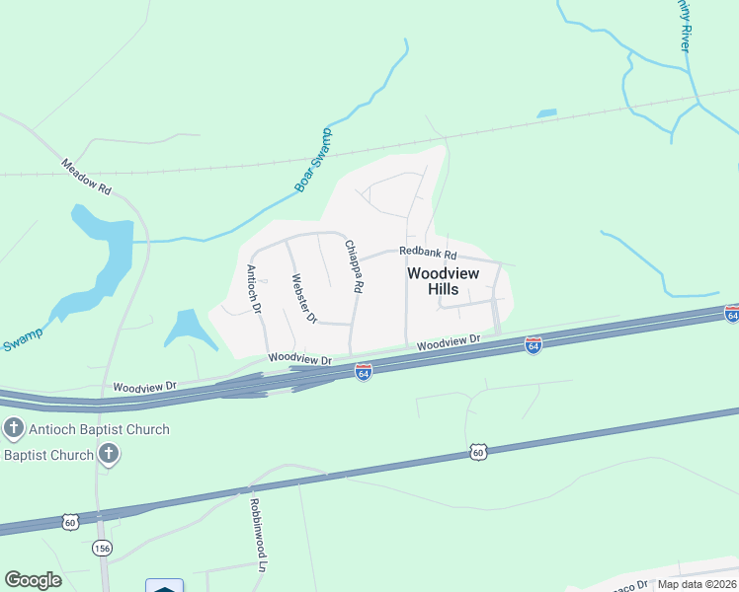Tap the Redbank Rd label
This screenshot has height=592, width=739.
point(425,253)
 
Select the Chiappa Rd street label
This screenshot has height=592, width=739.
point(353,265)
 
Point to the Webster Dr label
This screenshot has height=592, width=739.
point(302,299)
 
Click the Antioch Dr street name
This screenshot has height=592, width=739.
point(254,289)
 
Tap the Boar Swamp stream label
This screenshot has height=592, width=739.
point(315,160)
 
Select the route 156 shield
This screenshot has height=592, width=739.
point(102,548)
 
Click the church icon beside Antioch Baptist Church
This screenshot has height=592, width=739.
point(13,429)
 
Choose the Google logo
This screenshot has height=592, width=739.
point(33,579)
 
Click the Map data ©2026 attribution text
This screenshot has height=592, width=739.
point(697,584)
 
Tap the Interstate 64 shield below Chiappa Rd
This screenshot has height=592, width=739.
point(364,372)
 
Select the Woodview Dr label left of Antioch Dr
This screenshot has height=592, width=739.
point(144,387)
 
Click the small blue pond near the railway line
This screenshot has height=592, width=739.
point(546,113)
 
